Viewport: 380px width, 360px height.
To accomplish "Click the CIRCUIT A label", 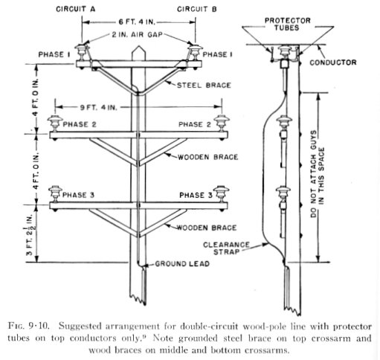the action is click(x=76, y=9).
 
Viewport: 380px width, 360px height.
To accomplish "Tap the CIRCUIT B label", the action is click(x=197, y=9).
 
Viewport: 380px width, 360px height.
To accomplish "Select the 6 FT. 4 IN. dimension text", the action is click(x=137, y=22).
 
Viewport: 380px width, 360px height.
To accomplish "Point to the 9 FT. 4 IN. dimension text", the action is click(x=98, y=107).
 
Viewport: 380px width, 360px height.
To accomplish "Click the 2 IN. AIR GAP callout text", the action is click(x=137, y=34).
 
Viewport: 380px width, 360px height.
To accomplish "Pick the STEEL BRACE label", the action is click(x=204, y=86).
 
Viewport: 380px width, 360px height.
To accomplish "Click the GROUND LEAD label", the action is click(x=182, y=263).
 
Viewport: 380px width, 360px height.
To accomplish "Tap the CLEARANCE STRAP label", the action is click(x=226, y=248).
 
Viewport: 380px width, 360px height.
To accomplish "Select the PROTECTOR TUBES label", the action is click(x=287, y=24).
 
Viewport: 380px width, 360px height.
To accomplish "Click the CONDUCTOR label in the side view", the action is click(x=333, y=62).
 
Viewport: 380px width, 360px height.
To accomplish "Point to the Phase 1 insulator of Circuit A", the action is click(x=81, y=52).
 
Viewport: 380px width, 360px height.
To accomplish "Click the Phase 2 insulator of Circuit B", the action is click(x=222, y=123).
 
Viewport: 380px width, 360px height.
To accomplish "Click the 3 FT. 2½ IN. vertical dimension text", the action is click(x=31, y=234).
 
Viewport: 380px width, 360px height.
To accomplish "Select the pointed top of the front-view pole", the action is click(x=138, y=46).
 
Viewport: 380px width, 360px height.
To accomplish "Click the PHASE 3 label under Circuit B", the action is click(x=196, y=195).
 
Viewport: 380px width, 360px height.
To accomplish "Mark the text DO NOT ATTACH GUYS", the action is click(x=314, y=174).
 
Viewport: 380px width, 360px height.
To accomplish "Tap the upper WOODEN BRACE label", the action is click(x=207, y=157).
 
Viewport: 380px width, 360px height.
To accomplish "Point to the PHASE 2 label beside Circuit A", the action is click(x=80, y=124).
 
